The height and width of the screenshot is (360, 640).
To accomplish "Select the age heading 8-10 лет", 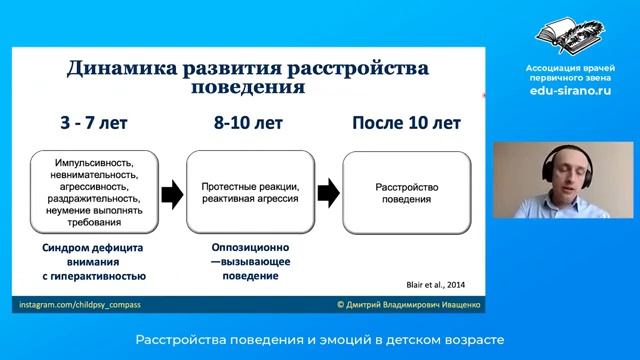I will click(x=247, y=124).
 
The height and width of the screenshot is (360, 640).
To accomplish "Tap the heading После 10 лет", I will click(x=405, y=124).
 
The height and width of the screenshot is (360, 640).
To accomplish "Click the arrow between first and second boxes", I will click(x=172, y=192).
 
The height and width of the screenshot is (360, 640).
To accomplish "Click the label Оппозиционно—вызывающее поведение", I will click(x=247, y=260).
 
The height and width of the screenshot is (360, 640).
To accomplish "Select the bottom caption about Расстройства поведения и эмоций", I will click(x=320, y=339).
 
